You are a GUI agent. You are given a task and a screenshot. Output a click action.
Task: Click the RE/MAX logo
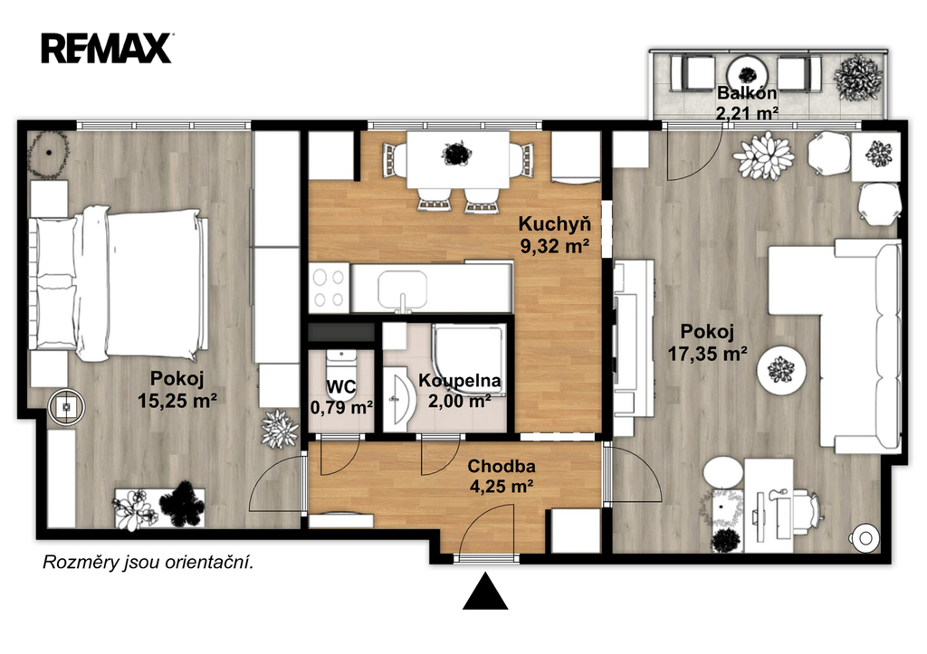click(x=107, y=49)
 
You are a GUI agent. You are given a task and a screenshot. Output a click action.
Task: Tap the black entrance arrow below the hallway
click(x=485, y=591)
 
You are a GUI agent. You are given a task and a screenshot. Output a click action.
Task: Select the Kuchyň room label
click(x=555, y=224)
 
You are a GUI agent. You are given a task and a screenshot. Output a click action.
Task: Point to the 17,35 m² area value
click(x=708, y=354)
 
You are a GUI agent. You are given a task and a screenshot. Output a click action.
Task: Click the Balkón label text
click(x=747, y=93)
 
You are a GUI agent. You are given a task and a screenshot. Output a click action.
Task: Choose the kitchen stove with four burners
click(x=330, y=288)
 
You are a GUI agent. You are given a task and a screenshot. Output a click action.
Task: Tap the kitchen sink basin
click(x=402, y=290)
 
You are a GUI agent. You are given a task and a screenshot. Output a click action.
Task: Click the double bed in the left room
click(x=119, y=283)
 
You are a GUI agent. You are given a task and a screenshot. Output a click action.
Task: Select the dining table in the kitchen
click(x=458, y=159)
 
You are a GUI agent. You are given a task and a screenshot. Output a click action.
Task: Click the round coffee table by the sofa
click(x=781, y=370)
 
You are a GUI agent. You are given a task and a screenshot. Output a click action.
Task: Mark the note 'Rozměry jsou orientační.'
click(x=148, y=563)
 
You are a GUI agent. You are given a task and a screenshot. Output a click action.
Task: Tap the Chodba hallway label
click(x=502, y=466)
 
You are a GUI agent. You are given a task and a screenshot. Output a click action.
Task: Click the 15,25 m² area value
click(x=177, y=401)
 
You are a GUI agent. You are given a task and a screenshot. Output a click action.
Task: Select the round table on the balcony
click(x=747, y=74)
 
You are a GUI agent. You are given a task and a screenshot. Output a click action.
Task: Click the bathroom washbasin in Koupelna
click(x=397, y=398)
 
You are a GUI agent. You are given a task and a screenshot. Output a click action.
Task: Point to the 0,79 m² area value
click(x=341, y=407)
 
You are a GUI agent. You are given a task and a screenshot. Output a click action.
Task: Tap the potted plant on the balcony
click(x=858, y=78)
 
